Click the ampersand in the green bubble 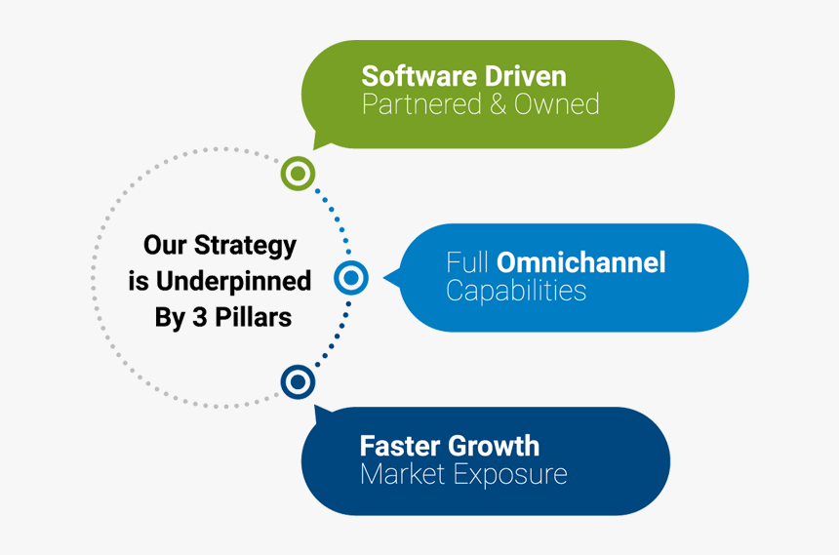point(499,104)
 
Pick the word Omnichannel point(581,262)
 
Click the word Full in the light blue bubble point(468,262)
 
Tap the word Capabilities point(516,291)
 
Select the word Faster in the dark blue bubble point(400,446)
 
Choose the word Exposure point(511,474)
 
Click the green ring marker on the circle point(298,174)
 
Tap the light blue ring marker point(350,278)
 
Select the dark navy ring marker point(298,381)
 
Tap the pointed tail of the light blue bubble point(388,278)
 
